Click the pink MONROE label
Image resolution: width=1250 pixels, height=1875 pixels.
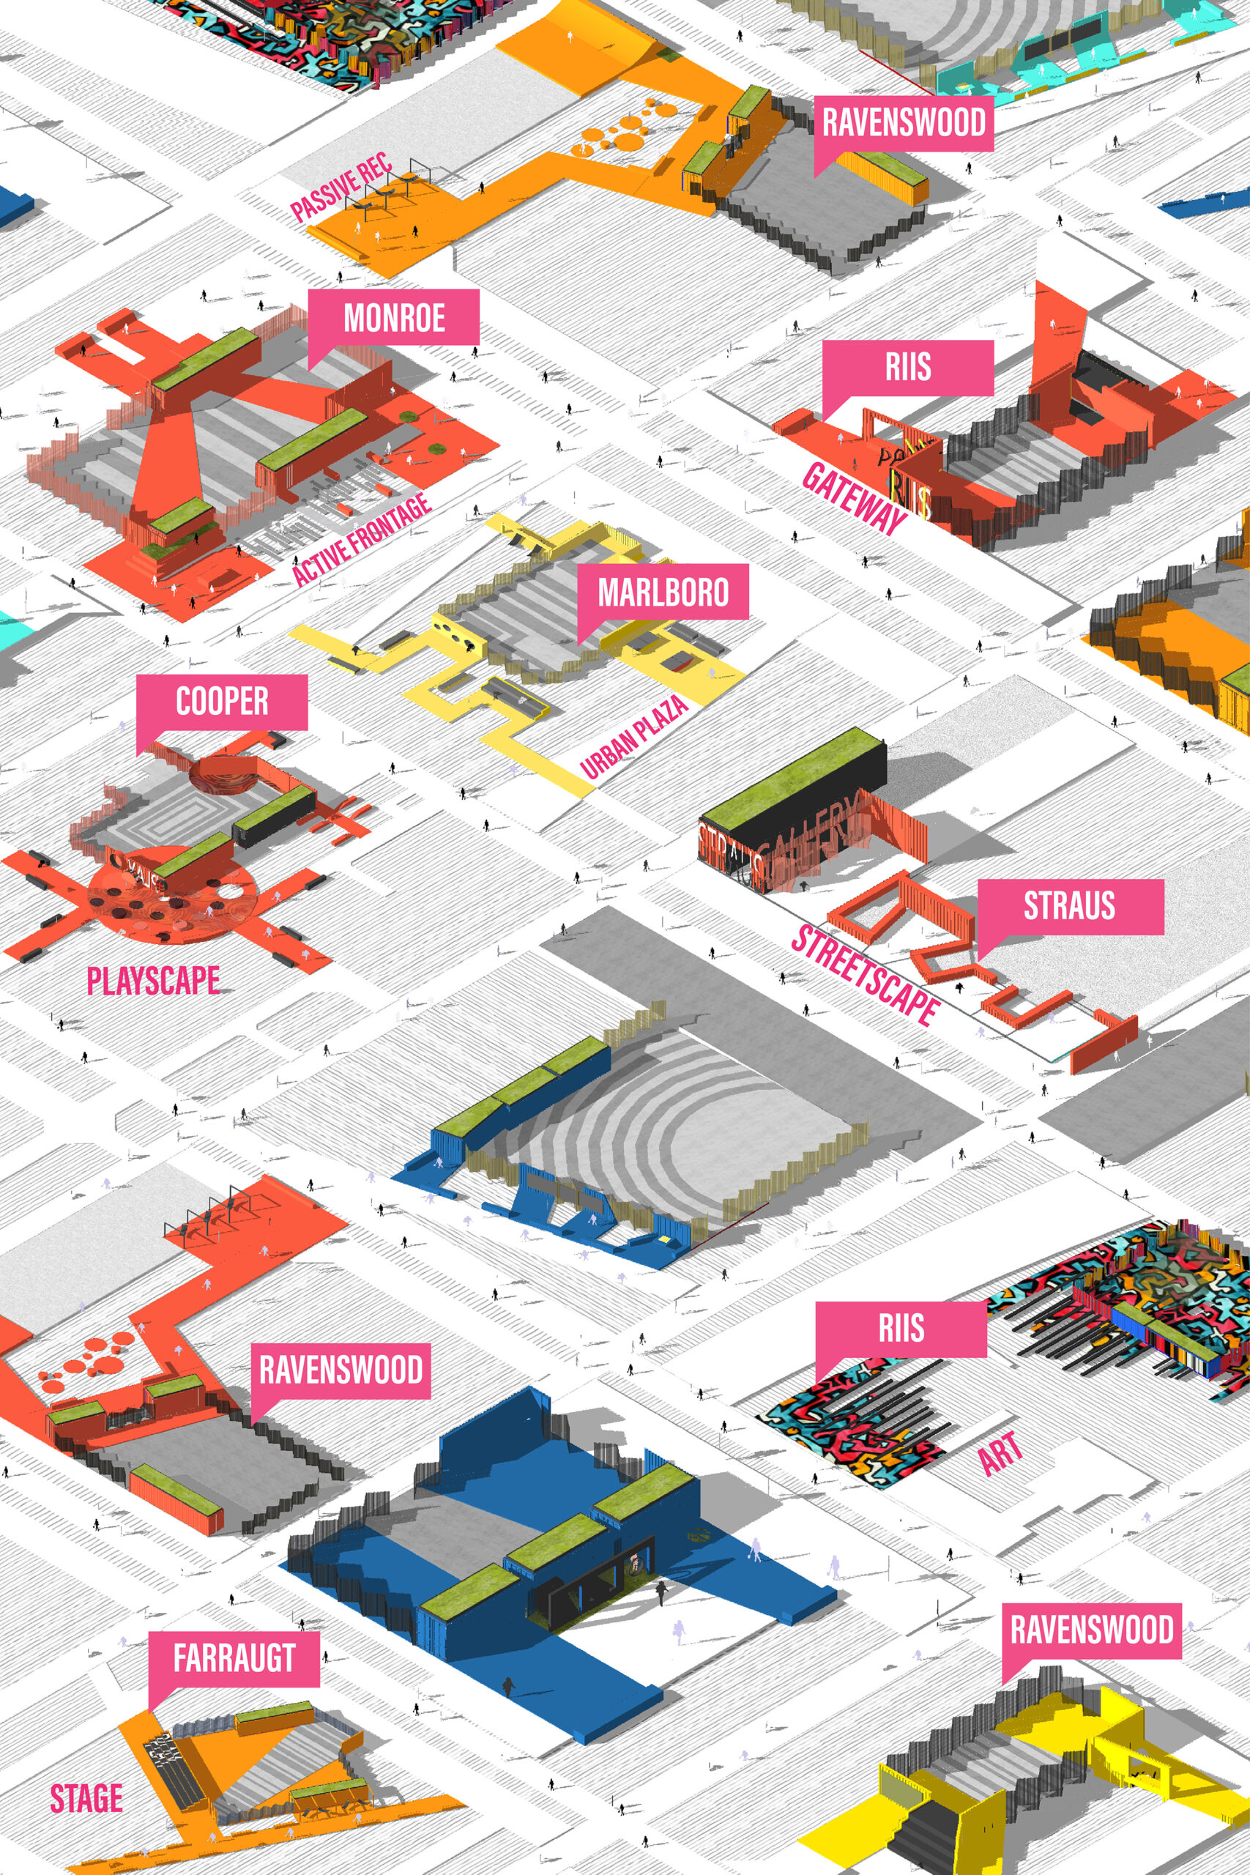394,318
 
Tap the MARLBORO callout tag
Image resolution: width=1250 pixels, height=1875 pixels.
663,592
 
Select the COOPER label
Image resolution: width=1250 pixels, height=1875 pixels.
222,702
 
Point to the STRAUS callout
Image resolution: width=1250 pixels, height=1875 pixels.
1069,907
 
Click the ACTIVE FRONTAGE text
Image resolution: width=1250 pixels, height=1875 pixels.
361,540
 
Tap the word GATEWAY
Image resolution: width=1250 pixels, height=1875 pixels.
854,498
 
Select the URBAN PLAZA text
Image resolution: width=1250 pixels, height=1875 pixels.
635,737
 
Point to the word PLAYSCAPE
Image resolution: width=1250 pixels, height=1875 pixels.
153,981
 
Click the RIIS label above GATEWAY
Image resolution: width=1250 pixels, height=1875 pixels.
908,368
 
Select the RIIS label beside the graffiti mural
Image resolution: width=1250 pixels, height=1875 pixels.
901,1329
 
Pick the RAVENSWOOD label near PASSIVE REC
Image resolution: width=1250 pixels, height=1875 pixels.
903,123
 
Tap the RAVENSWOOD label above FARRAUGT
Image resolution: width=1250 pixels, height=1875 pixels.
341,1370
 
